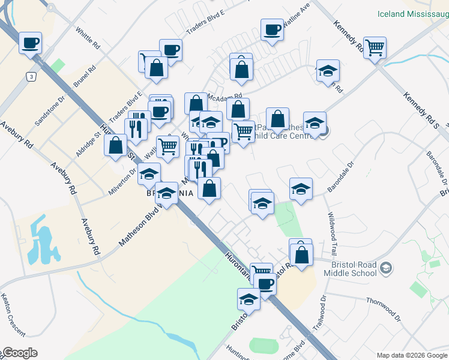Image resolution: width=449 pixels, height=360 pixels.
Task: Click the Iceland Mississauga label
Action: (413, 13)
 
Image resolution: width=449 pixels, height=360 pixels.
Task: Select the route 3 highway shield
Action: (30, 76)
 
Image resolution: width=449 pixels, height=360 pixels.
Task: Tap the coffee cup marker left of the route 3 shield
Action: (30, 43)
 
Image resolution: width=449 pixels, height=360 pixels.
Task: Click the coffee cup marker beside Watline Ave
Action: (272, 30)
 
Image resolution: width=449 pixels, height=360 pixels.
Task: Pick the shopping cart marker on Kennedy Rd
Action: (375, 47)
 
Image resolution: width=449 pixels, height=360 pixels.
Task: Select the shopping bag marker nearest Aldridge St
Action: (116, 145)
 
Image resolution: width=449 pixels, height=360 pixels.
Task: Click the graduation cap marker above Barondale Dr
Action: (301, 189)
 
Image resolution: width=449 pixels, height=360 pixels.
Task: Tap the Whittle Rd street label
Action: (88, 38)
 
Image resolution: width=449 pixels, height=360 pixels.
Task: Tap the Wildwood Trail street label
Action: (332, 232)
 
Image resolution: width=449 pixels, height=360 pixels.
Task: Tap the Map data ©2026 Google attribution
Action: (412, 355)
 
